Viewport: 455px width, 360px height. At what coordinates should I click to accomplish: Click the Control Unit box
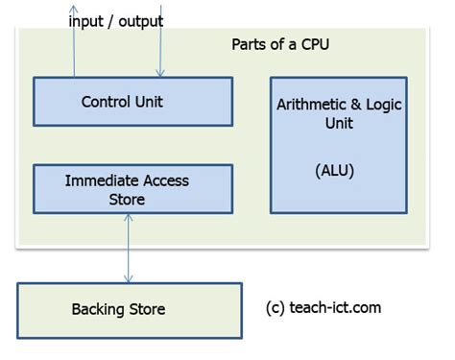click(x=132, y=102)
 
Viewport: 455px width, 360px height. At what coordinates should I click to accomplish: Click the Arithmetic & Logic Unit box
click(x=338, y=145)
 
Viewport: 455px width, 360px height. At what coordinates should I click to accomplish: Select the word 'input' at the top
click(x=84, y=20)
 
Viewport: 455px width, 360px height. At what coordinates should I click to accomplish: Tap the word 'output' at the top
click(x=138, y=20)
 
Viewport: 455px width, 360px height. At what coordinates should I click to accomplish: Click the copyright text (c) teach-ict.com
click(x=323, y=308)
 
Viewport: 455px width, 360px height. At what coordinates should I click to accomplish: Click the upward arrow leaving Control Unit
click(x=74, y=48)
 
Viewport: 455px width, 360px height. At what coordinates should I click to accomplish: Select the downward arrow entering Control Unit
click(x=160, y=48)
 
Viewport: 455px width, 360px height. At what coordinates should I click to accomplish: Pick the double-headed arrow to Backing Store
click(x=127, y=248)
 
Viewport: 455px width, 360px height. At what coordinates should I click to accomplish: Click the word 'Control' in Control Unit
click(x=104, y=102)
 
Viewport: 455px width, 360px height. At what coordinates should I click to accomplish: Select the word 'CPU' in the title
click(x=311, y=45)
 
